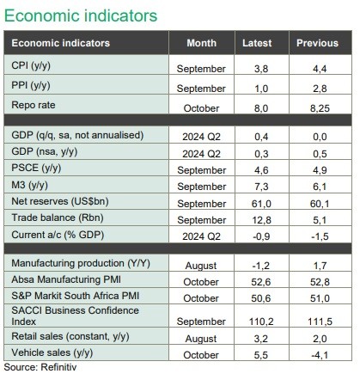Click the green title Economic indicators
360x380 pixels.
point(81,15)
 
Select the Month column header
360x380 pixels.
point(202,43)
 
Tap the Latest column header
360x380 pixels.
point(257,43)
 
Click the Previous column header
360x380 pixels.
point(317,43)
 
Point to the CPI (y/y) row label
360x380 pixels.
point(31,65)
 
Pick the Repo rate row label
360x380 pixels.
point(34,105)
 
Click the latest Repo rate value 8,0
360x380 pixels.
point(261,108)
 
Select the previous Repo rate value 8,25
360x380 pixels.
point(320,108)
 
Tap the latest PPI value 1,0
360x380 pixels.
point(261,89)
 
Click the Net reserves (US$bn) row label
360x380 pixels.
point(60,201)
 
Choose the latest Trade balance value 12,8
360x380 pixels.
point(261,220)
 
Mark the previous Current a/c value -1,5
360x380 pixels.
point(320,236)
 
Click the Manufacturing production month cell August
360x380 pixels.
point(201,266)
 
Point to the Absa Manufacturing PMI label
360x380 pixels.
point(66,279)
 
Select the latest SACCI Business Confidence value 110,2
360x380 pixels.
point(261,322)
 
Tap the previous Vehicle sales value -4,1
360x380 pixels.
point(320,355)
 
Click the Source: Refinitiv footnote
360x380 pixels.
point(40,367)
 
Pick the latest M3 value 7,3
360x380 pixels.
point(261,187)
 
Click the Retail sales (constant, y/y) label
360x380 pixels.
point(70,336)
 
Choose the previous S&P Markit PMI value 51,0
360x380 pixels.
point(320,298)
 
